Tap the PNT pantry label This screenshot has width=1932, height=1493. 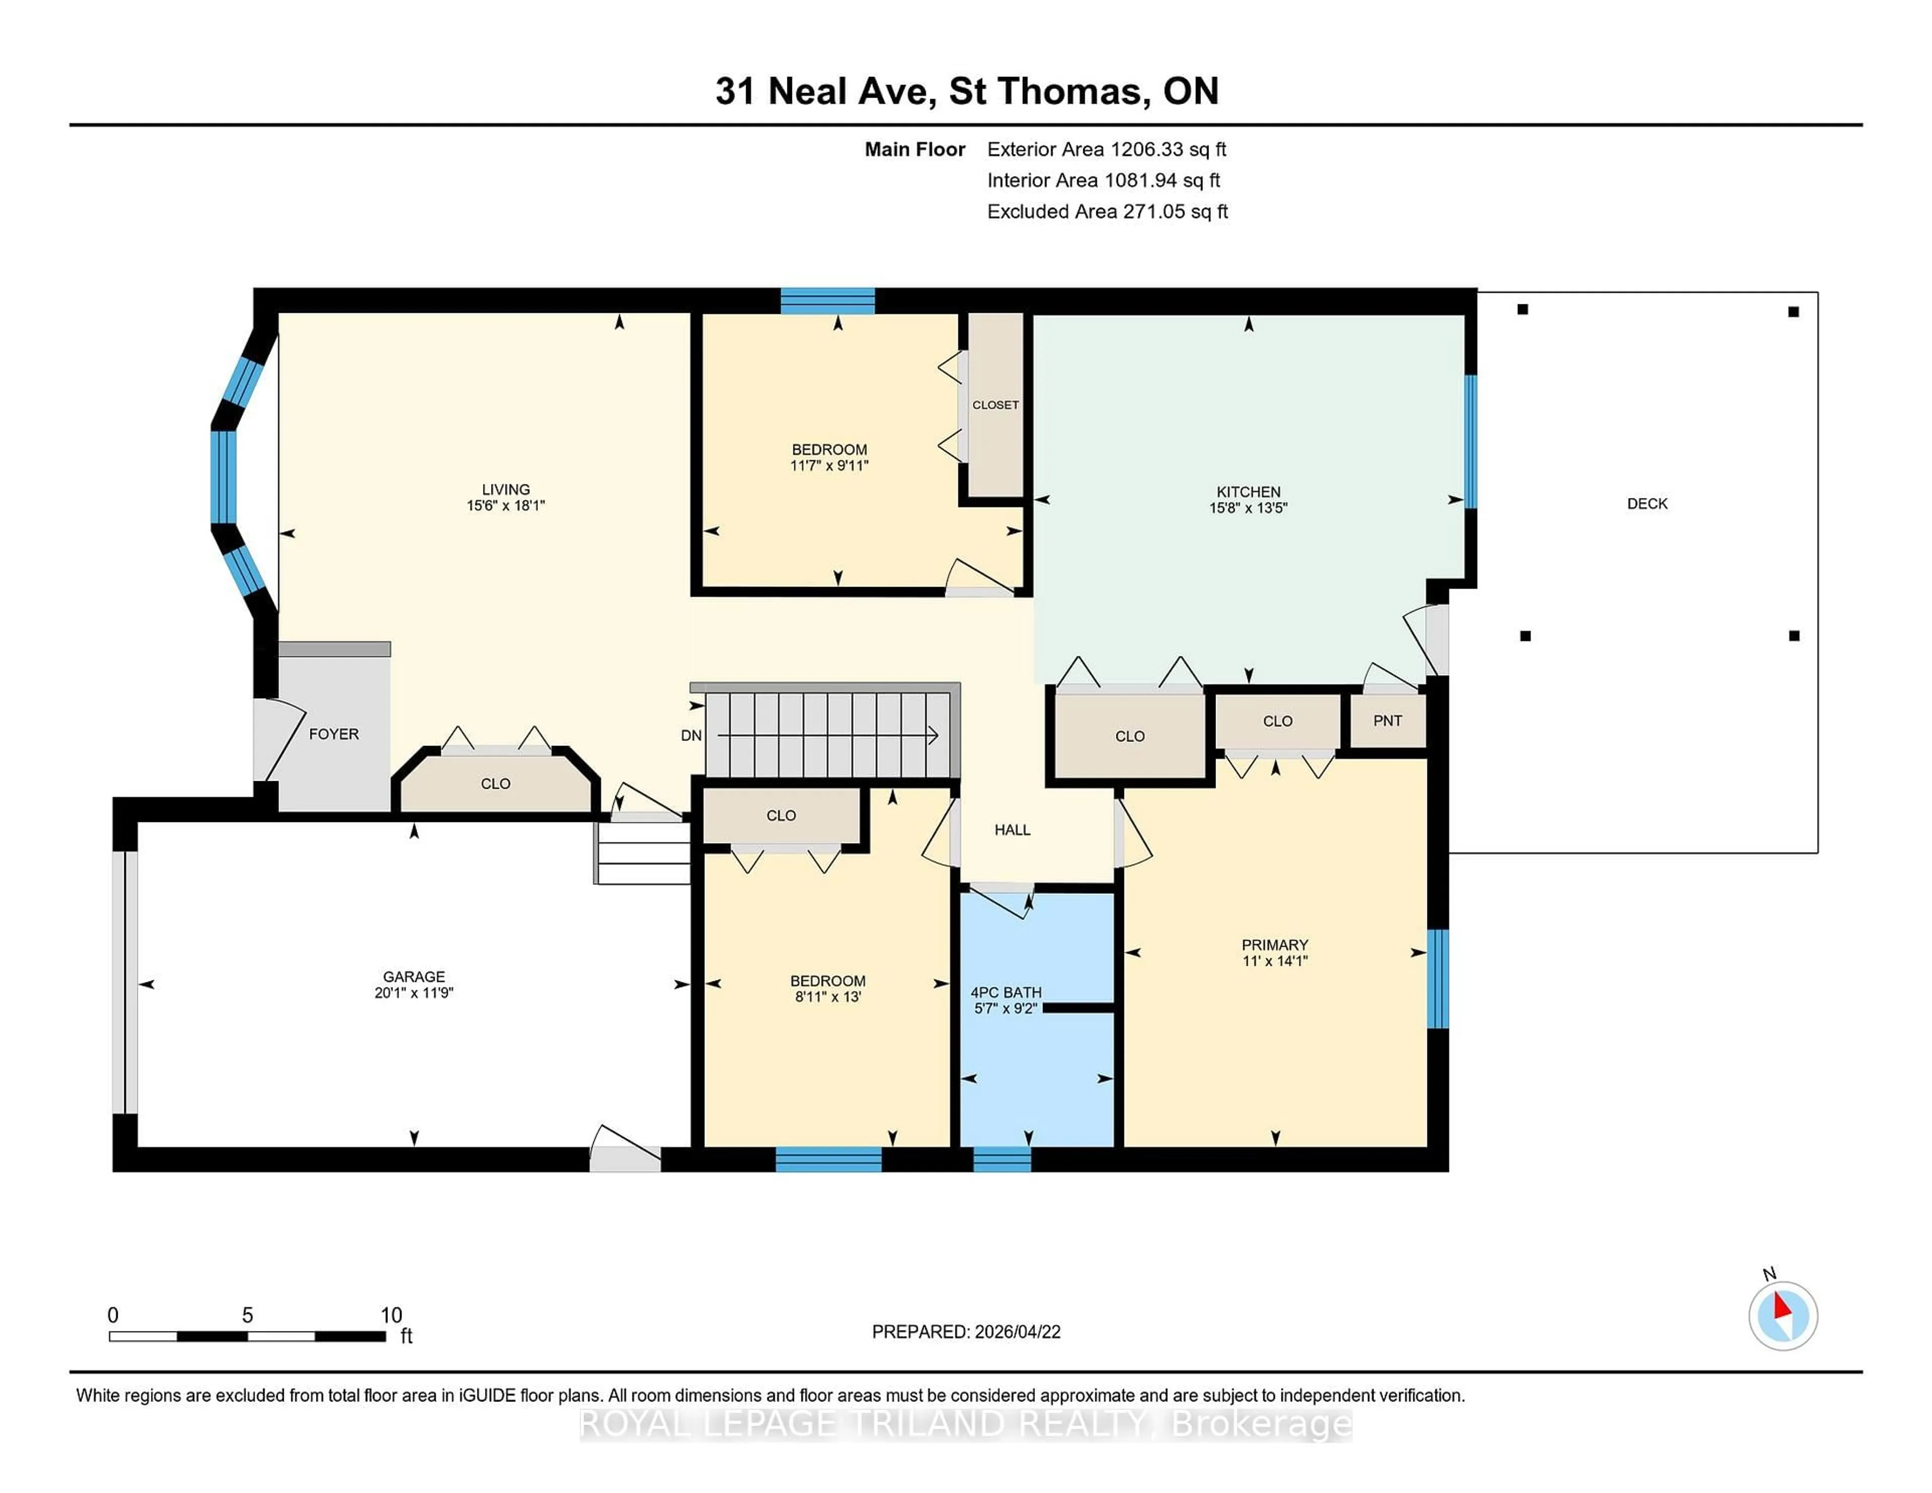coord(1387,721)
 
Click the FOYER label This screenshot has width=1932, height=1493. coord(334,734)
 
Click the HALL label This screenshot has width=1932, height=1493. coord(1012,830)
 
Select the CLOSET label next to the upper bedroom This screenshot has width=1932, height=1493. coord(995,405)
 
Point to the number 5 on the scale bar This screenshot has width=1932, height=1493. coord(248,1315)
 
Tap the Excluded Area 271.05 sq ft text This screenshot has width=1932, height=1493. coord(1107,211)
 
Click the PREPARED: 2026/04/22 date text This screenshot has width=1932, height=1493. coord(966,1332)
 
